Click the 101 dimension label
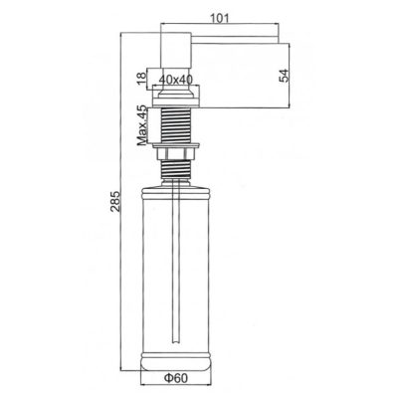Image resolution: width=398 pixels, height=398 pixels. (x=220, y=18)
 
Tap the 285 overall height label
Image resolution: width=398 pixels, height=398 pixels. (x=114, y=201)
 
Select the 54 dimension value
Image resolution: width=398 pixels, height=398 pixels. (x=285, y=76)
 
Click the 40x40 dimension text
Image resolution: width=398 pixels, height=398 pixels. (x=176, y=80)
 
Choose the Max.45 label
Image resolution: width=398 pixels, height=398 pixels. (x=141, y=125)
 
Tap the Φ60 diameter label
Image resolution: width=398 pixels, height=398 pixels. (x=175, y=378)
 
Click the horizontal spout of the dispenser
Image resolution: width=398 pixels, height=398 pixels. (x=235, y=38)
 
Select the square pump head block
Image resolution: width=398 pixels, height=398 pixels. (x=176, y=50)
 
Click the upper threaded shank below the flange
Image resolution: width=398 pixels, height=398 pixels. (x=176, y=125)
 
